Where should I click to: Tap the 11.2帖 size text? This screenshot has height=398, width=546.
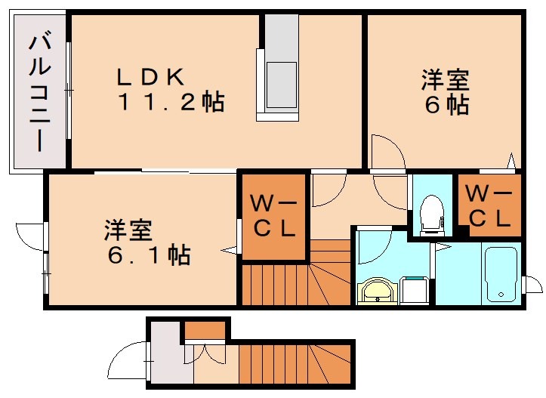point(171,103)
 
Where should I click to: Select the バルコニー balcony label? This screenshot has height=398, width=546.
point(37,92)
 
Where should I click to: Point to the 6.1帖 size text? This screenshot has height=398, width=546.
point(149,255)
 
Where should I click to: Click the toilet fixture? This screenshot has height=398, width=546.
point(432,212)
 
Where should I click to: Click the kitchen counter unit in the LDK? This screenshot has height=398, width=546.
point(280,68)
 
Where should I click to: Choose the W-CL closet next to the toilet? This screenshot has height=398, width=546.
point(489,205)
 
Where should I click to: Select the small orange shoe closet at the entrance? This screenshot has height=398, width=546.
point(205,330)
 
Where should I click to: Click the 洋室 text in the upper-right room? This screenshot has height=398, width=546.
point(445,79)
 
